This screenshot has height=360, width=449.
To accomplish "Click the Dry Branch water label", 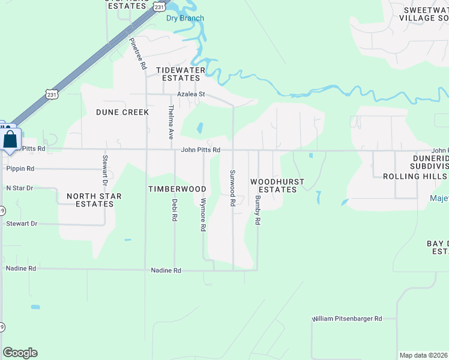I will point(185,18).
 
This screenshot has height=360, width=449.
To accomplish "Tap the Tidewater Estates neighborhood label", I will point(181,74).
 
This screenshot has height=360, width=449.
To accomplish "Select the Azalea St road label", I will point(191,94).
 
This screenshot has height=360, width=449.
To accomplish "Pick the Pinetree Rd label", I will point(138,54).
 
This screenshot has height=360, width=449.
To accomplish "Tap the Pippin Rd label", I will point(20,169).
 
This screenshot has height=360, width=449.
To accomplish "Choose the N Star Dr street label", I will point(19,188).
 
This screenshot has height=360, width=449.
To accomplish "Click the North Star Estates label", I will point(90,200).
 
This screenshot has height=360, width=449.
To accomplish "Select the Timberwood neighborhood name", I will point(177,189).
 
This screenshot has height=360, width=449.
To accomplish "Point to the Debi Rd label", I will point(175,210).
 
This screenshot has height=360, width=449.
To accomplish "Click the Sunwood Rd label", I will point(232,188).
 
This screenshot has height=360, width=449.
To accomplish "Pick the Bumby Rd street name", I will point(257,210).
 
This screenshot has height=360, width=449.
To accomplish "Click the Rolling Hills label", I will point(415,176).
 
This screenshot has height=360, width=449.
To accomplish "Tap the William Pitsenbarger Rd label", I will point(347,319).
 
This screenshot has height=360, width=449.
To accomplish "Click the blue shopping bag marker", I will point(11,140).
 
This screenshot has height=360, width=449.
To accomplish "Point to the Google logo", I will point(20,353).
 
